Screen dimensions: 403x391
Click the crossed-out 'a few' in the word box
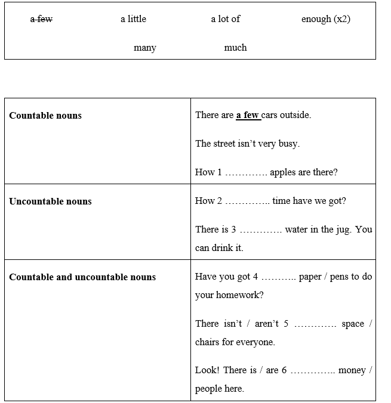point(41,19)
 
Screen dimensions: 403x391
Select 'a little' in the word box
point(133,19)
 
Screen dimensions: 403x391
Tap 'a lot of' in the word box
point(225,19)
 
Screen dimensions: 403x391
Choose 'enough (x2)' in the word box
point(325,19)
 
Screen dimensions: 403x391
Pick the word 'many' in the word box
point(144,48)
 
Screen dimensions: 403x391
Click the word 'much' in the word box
point(235,48)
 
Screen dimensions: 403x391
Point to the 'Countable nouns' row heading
point(45,116)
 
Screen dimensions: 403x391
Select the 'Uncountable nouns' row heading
point(50,201)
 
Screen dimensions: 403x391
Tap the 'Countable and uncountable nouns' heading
point(82,277)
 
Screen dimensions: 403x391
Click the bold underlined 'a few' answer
point(247,115)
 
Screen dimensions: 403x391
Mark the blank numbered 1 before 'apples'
point(246,173)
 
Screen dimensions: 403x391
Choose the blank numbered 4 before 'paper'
point(279,277)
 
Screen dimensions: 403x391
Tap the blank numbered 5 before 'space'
point(316,324)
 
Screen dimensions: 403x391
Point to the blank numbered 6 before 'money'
point(313,371)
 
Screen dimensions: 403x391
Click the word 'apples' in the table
point(284,172)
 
